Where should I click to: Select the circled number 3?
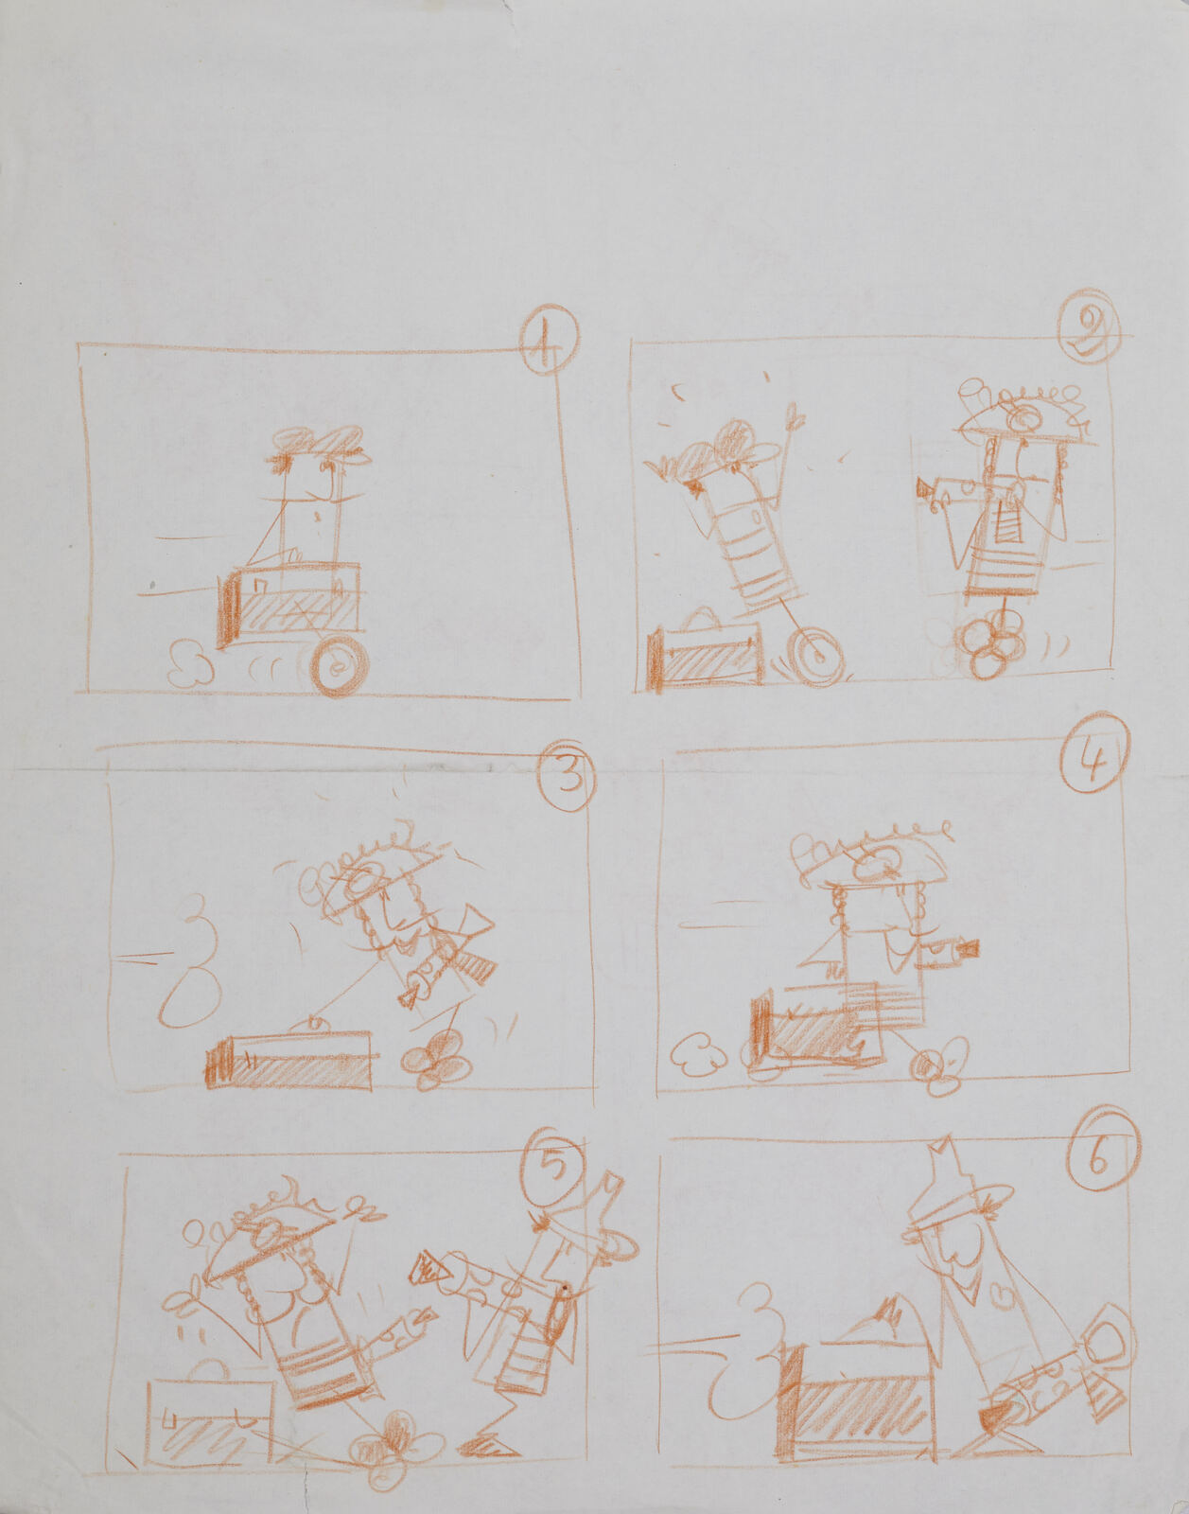[x=568, y=776]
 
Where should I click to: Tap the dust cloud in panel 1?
[x=188, y=666]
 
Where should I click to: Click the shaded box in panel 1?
[x=290, y=603]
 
